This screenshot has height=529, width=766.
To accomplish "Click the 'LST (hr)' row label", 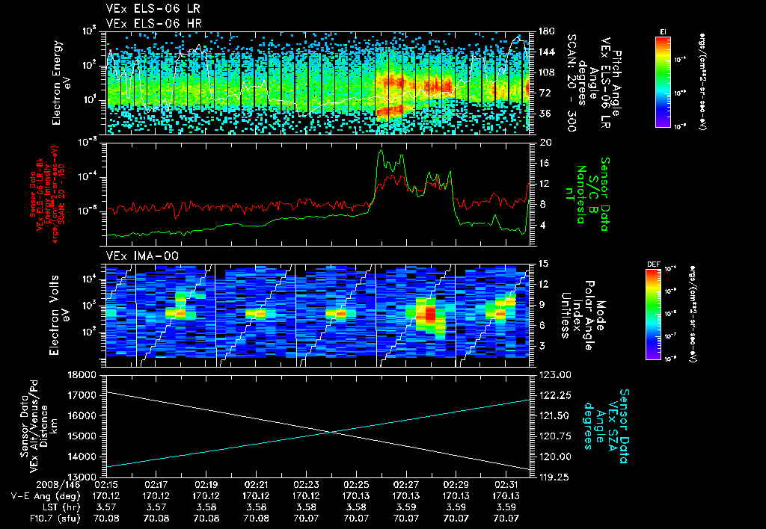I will click(41, 506).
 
